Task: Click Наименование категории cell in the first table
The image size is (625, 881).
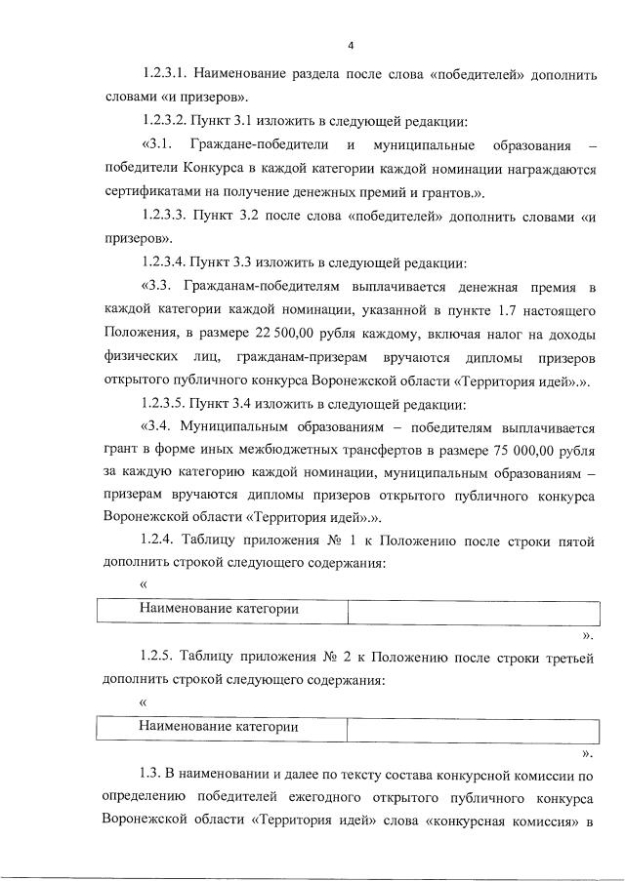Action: point(222,611)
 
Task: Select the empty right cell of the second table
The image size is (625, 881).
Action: point(473,728)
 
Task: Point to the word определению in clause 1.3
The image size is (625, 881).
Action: point(145,799)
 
